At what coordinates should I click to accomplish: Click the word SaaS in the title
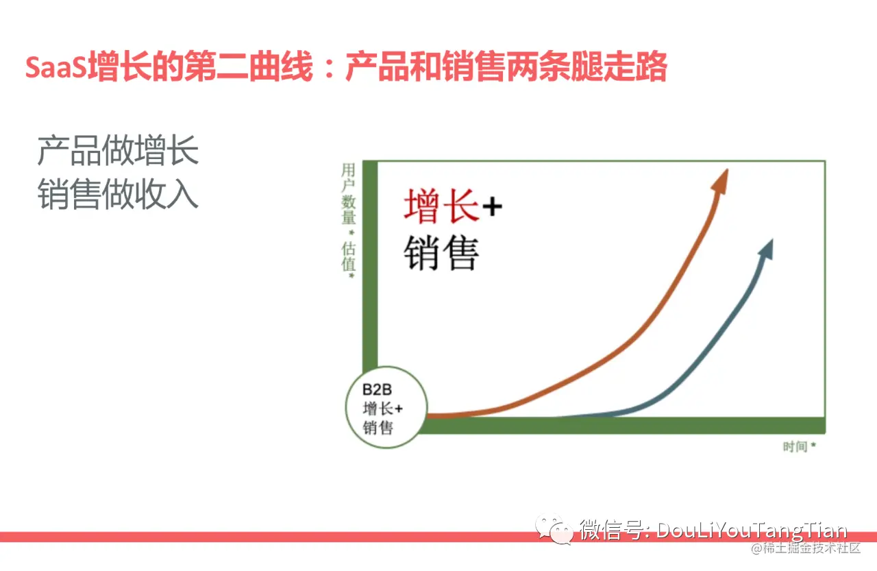[x=56, y=67]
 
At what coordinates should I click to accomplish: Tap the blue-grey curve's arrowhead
[x=766, y=250]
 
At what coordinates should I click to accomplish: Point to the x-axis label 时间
[x=795, y=447]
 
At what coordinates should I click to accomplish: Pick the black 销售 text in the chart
[x=441, y=253]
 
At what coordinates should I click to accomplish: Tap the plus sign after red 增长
[x=491, y=206]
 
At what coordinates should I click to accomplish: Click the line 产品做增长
[x=118, y=151]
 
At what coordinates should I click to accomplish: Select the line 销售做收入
[x=118, y=194]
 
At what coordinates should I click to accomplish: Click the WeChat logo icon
[x=556, y=530]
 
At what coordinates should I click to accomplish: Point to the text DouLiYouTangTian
[x=752, y=531]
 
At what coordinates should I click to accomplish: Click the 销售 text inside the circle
[x=378, y=428]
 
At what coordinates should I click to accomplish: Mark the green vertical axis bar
[x=369, y=274]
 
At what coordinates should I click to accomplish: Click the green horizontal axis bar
[x=617, y=425]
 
